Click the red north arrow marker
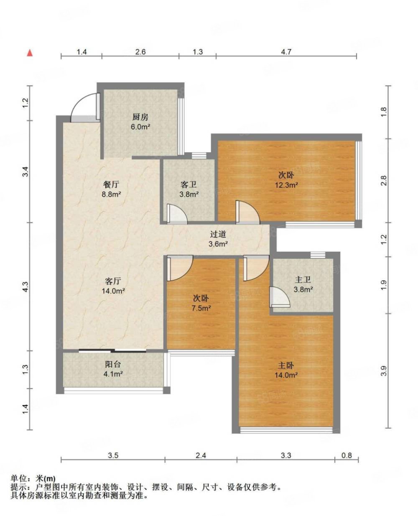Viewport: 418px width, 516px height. coord(30,53)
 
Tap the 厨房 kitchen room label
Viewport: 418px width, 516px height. coord(140,117)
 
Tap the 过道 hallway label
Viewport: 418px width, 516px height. coord(218,235)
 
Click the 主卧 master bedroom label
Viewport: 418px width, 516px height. coord(287,365)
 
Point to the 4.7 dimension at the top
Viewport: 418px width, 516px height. coord(286,52)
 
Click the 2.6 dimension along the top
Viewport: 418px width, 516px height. coord(140,52)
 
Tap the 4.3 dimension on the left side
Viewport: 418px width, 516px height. coord(26,287)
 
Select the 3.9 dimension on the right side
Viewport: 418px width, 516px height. coord(384,370)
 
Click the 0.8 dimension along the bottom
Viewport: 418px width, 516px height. coord(347,455)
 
